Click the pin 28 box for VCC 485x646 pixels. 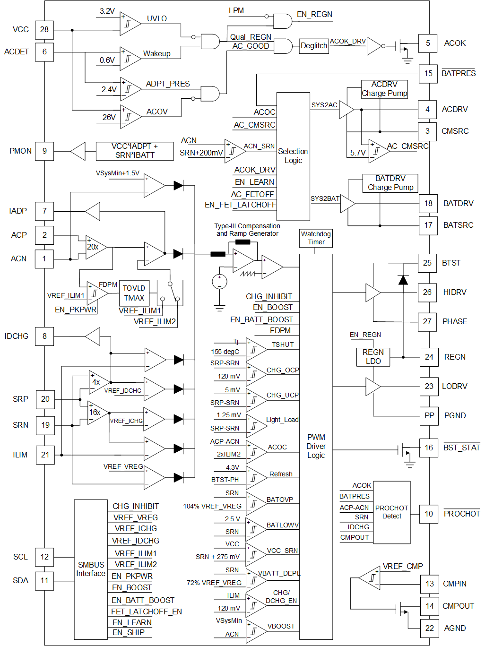[x=44, y=29]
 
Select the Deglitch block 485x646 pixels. [x=314, y=46]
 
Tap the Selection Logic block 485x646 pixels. [x=293, y=156]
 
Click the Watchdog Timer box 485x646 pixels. [x=316, y=238]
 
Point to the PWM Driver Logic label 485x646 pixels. [x=316, y=446]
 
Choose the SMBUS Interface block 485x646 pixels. [x=91, y=569]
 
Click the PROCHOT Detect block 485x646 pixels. [x=391, y=512]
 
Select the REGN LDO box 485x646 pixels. [x=373, y=357]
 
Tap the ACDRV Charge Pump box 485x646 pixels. [x=384, y=89]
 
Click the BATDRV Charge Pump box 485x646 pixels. [x=390, y=183]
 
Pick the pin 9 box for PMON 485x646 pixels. [x=44, y=151]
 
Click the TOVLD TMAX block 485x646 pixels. [x=134, y=293]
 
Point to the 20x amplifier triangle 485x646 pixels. [x=95, y=247]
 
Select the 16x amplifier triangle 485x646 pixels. [x=96, y=413]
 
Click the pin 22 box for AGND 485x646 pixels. [x=429, y=628]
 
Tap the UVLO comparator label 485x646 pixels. [x=156, y=19]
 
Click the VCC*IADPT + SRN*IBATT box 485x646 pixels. [x=135, y=151]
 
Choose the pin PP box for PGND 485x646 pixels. [x=429, y=416]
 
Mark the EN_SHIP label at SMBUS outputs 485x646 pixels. [x=129, y=632]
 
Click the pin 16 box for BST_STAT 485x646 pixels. [x=429, y=448]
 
